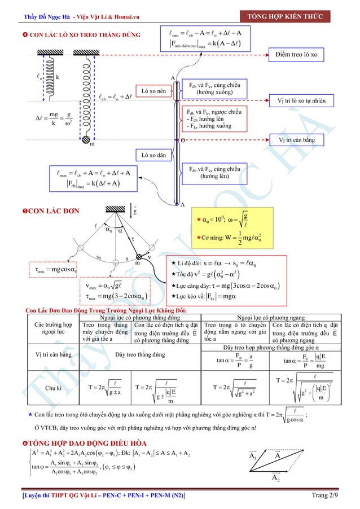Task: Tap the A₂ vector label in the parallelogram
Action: [x=276, y=479]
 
